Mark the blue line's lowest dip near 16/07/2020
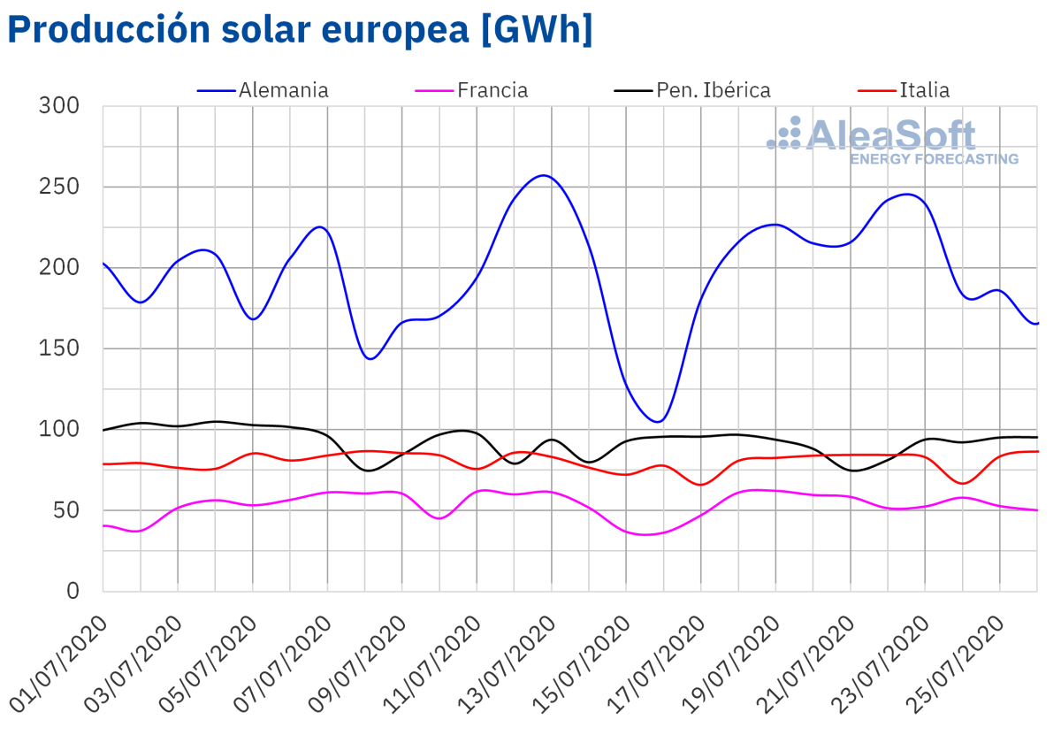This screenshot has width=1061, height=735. click(x=659, y=421)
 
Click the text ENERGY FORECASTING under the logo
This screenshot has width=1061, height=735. click(x=934, y=159)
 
